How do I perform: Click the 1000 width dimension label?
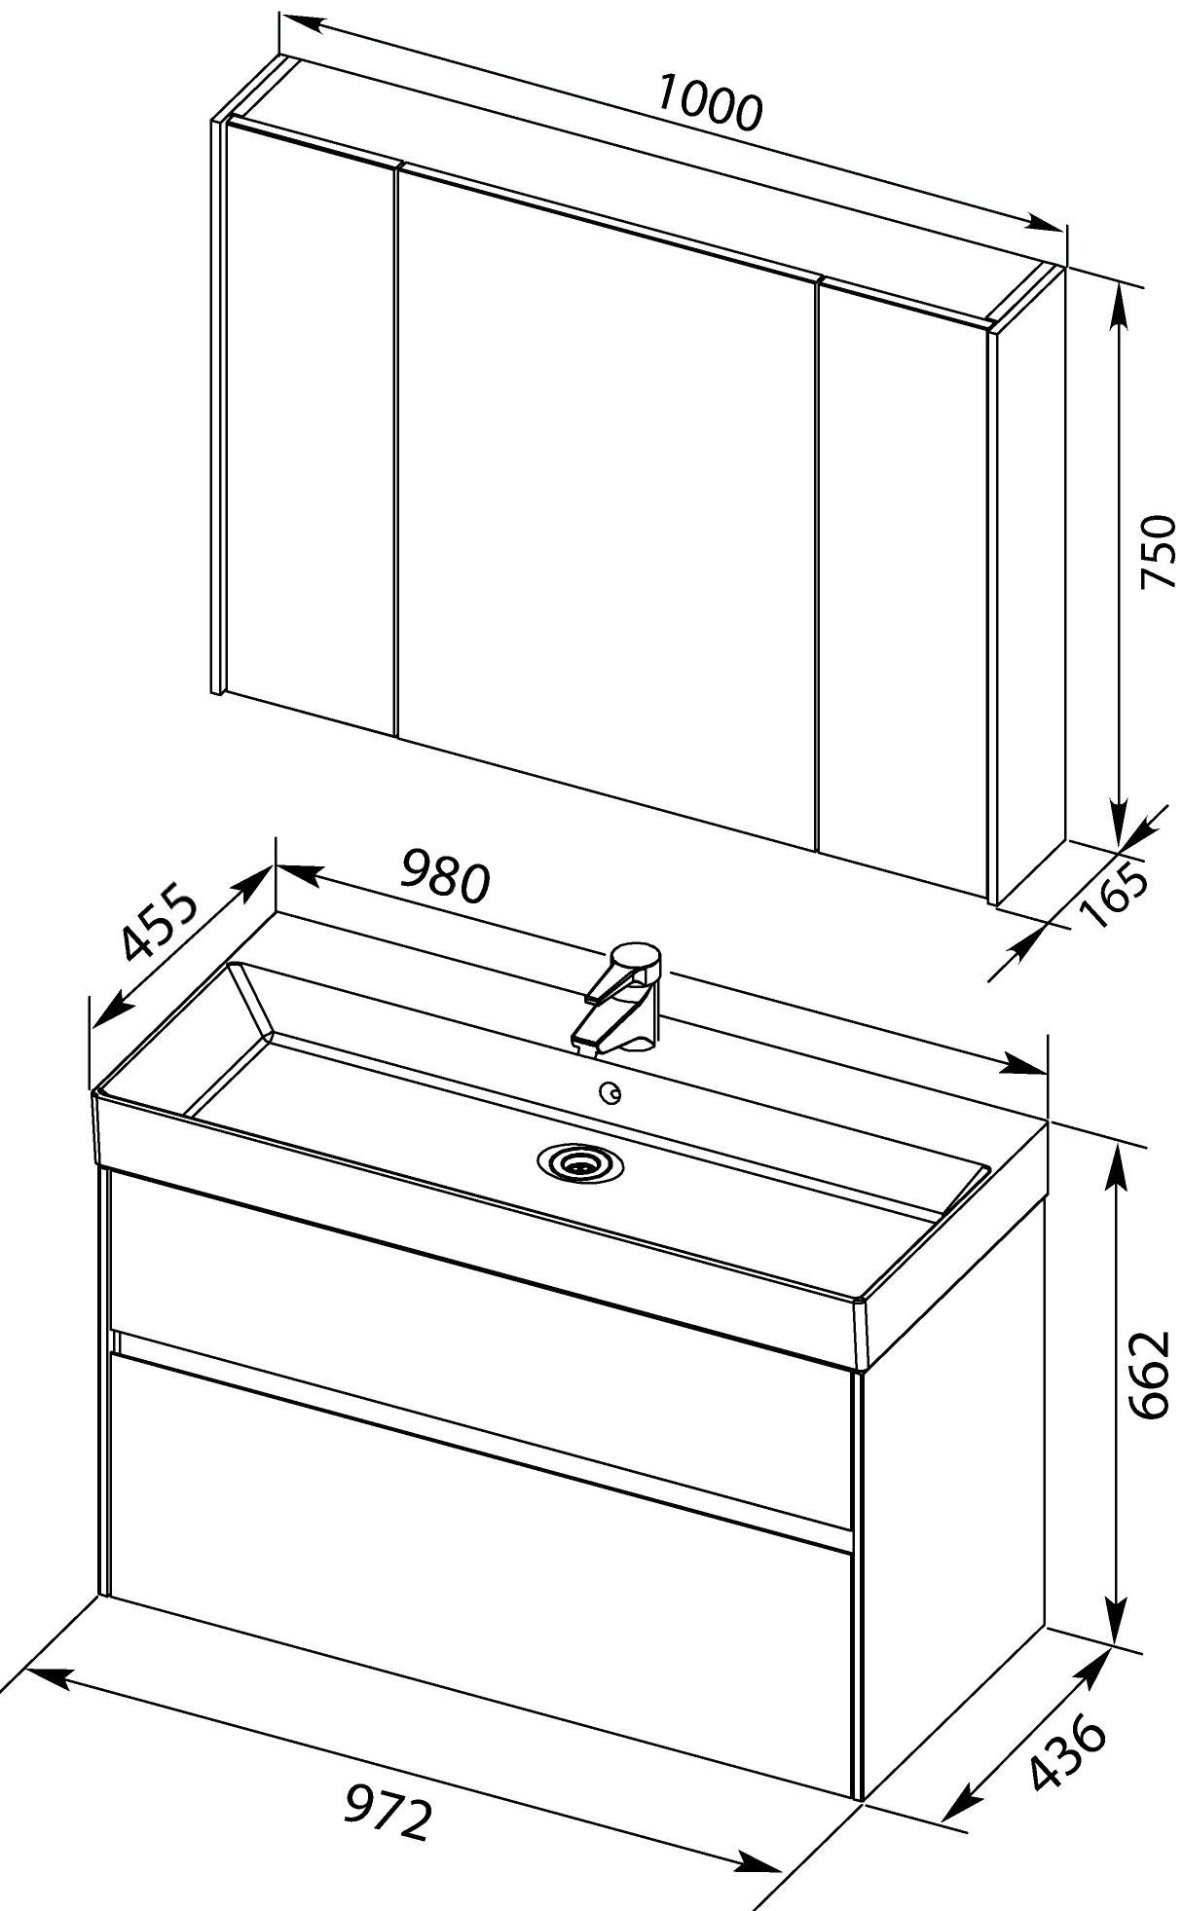[708, 101]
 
